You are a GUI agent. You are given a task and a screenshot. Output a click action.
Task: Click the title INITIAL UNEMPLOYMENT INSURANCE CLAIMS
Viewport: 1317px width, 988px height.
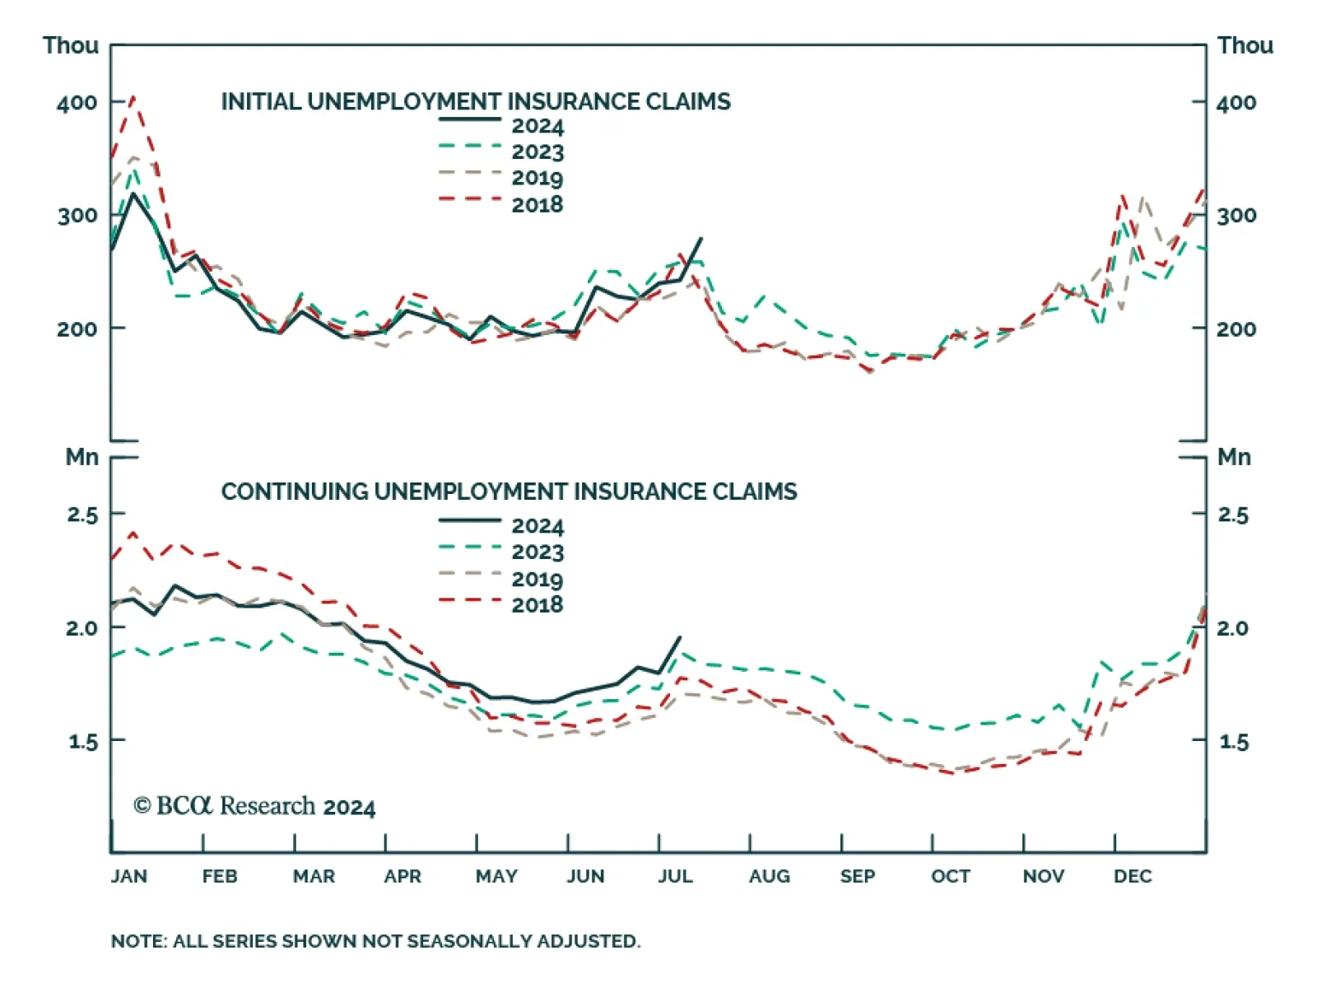pos(476,101)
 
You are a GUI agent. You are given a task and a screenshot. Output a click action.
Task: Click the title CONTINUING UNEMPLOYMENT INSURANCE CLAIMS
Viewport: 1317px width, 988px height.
pos(509,492)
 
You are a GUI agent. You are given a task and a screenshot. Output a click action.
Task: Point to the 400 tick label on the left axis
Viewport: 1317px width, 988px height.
pos(77,103)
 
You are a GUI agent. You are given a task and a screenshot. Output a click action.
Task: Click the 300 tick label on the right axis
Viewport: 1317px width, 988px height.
pos(1236,216)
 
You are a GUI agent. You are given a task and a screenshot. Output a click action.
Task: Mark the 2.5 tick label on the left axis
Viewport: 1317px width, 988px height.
pos(82,515)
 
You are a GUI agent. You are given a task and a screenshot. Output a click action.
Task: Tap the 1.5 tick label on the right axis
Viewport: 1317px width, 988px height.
pos(1233,742)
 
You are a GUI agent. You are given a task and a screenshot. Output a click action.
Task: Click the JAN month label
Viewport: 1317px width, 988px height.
pos(129,876)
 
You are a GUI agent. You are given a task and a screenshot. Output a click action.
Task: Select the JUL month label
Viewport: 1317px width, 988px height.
pos(675,876)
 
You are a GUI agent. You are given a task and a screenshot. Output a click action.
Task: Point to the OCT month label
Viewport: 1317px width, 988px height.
pos(951,876)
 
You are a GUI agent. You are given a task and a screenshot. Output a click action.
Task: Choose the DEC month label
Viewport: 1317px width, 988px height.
pos(1133,876)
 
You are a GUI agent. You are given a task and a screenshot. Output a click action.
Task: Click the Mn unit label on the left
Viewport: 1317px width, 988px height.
pos(82,457)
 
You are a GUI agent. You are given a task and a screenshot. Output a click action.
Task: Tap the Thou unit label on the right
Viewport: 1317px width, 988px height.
pos(1245,45)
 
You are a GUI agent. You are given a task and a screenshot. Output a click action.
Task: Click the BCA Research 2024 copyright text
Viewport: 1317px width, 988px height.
pos(254,806)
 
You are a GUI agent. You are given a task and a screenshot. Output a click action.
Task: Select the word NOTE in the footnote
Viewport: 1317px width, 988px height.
pos(137,941)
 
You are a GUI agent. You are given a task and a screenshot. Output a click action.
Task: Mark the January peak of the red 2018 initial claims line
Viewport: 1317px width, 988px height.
pos(133,96)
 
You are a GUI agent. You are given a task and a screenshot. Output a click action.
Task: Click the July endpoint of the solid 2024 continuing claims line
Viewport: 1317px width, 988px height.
pos(680,636)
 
